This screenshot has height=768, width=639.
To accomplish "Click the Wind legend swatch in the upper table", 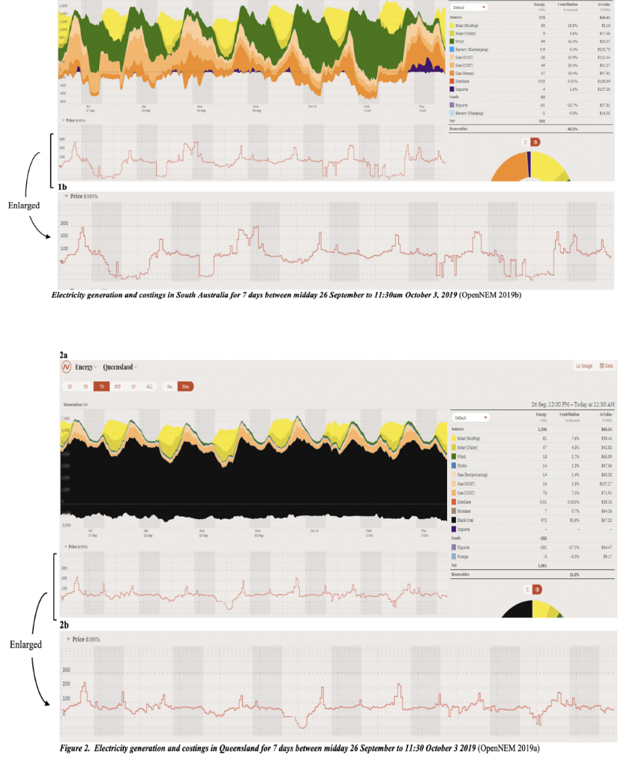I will [x=451, y=40].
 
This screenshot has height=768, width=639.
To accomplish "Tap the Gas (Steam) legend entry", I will [x=468, y=73].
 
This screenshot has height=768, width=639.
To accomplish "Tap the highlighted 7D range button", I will [x=100, y=386].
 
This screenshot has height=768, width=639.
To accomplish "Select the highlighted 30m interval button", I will [x=185, y=386].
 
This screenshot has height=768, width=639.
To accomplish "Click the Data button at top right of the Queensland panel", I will [x=605, y=366].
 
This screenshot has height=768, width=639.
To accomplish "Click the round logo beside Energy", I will [x=66, y=367].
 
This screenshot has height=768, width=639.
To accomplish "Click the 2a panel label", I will [x=64, y=353].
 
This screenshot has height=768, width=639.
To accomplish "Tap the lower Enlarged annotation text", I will [x=25, y=643].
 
